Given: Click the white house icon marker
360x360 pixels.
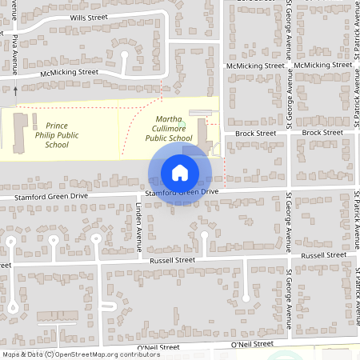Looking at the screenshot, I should [180, 172].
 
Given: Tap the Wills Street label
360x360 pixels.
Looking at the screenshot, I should [90, 16].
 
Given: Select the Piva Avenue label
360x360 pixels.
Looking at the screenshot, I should [14, 55].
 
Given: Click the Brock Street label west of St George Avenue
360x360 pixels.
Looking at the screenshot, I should [255, 133].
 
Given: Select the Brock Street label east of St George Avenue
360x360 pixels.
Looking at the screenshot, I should [322, 133].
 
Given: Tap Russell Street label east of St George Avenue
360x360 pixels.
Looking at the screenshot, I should [323, 254].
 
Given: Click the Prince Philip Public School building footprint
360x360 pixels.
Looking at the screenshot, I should [19, 130].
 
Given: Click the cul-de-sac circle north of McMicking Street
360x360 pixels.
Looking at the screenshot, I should [124, 55].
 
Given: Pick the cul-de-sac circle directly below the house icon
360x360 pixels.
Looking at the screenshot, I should [203, 234].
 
